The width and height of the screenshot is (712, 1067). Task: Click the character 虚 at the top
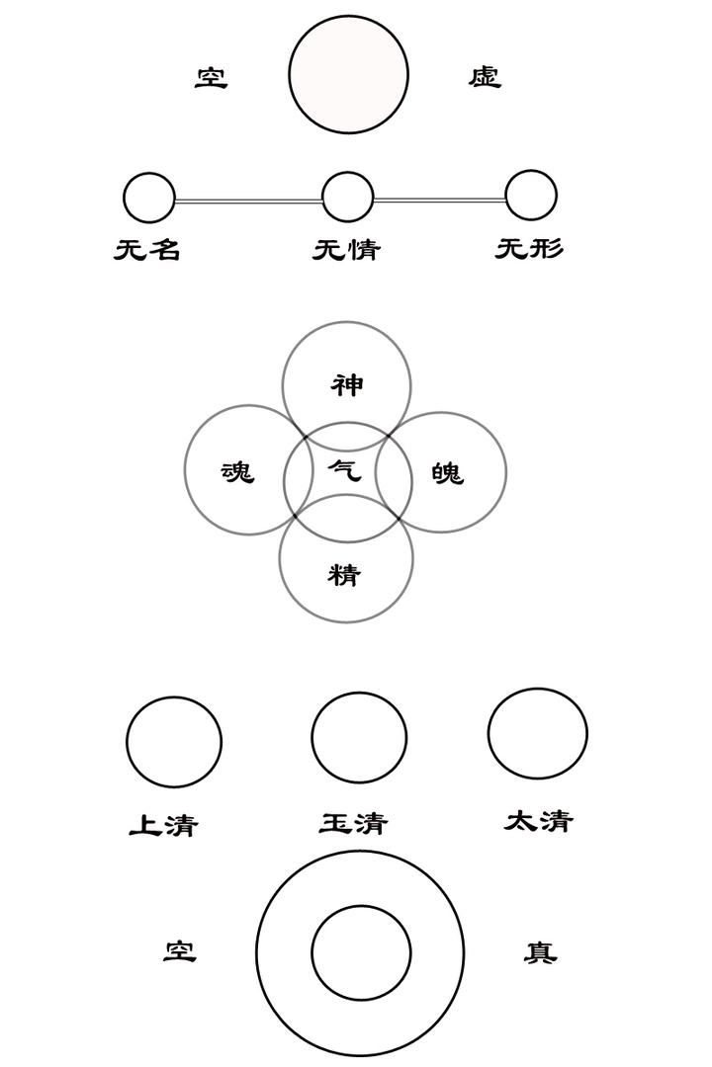click(485, 77)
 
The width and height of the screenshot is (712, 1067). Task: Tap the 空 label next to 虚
click(211, 77)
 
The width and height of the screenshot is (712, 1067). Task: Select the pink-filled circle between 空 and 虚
click(348, 75)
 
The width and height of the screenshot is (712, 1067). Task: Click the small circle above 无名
click(149, 198)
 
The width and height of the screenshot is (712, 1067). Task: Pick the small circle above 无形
click(531, 196)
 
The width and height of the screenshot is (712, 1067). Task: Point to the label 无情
click(347, 249)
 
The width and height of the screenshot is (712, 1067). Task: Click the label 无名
click(147, 249)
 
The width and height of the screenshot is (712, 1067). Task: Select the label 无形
click(529, 248)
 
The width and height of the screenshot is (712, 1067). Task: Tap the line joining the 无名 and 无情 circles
click(248, 201)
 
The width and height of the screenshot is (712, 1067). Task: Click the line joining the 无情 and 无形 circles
click(439, 200)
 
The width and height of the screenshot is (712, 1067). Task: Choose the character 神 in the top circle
click(347, 384)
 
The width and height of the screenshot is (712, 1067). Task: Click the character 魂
click(237, 472)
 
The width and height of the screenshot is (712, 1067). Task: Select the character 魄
click(447, 473)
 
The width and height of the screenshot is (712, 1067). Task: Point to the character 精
click(344, 574)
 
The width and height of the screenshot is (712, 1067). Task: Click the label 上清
click(163, 825)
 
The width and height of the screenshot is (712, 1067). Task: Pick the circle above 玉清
click(359, 737)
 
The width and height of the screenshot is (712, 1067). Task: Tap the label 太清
click(538, 821)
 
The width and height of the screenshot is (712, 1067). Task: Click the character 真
click(540, 952)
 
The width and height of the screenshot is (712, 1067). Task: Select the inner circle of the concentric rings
click(361, 953)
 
